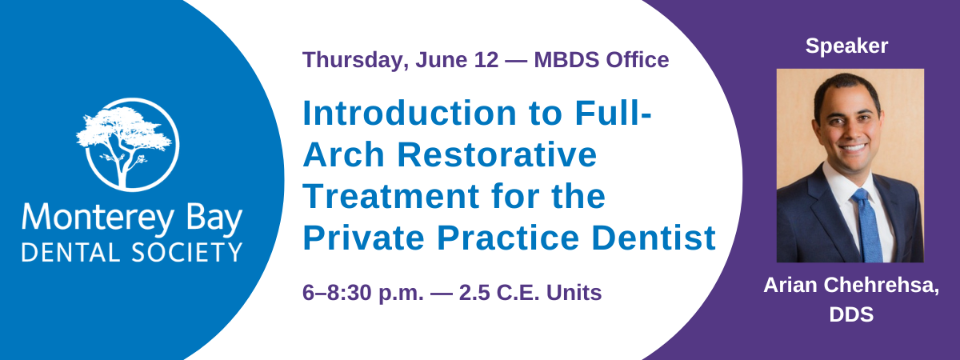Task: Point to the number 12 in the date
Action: point(486,59)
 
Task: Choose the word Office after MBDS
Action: point(634,59)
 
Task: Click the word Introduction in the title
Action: point(410,113)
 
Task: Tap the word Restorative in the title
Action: point(497,154)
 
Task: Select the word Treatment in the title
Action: point(391,196)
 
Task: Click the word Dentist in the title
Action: point(654,238)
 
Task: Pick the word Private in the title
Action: point(363,238)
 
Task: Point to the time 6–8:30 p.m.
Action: point(363,294)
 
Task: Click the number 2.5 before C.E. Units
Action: point(474,293)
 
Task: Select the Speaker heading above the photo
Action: point(846,46)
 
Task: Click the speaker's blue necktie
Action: point(868,225)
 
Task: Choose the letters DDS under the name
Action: point(851,314)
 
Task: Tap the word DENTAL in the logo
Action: point(70,253)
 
